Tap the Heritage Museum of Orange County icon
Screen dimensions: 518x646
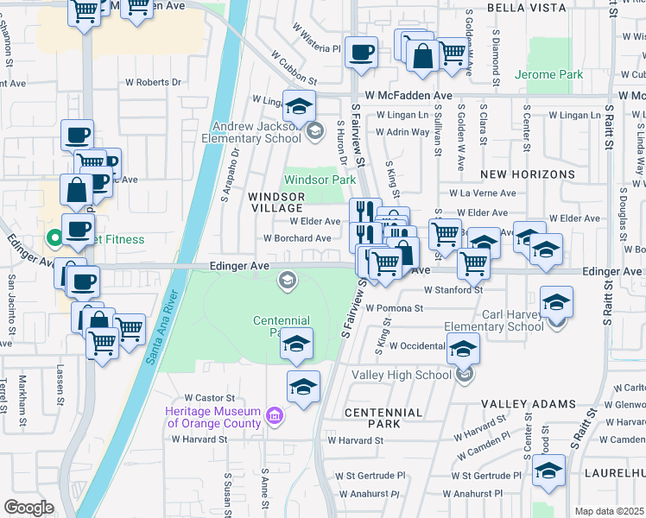point(275,417)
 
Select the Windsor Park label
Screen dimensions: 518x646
point(320,180)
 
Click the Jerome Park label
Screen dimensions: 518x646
point(548,75)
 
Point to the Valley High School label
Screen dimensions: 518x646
point(402,375)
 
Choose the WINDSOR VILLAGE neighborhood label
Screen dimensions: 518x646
point(275,202)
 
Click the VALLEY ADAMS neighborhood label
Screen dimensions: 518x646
point(528,404)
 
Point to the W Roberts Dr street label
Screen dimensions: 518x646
point(154,83)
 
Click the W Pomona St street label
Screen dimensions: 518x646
point(394,307)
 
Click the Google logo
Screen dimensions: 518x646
point(28,507)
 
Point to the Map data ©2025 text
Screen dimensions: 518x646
point(609,511)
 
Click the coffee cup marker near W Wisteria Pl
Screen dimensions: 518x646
point(361,52)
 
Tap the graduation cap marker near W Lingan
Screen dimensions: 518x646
point(299,106)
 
